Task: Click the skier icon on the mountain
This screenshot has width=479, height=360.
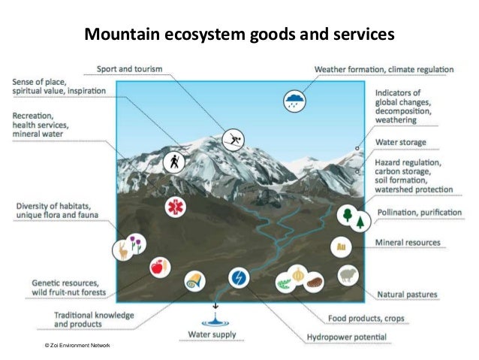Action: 233,138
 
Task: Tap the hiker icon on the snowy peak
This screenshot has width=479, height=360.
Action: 174,162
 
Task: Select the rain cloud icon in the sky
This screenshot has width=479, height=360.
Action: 294,101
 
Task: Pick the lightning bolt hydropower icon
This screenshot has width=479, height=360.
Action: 239,277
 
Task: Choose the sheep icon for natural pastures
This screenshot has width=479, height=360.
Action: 348,276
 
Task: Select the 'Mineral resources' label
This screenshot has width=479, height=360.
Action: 408,243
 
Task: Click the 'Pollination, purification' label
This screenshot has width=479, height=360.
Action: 418,213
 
